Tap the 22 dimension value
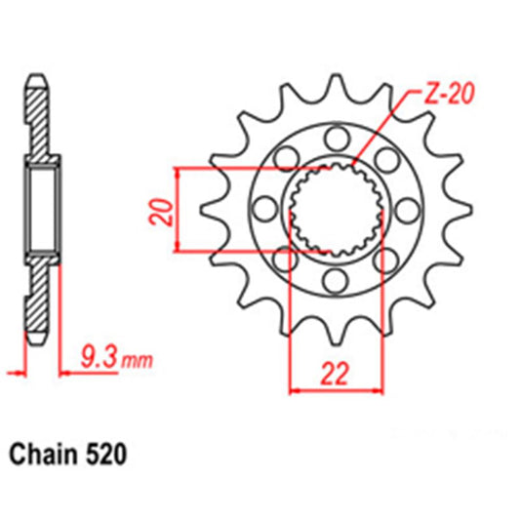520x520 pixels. pyautogui.click(x=336, y=373)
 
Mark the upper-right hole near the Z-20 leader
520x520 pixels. pyautogui.click(x=386, y=157)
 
